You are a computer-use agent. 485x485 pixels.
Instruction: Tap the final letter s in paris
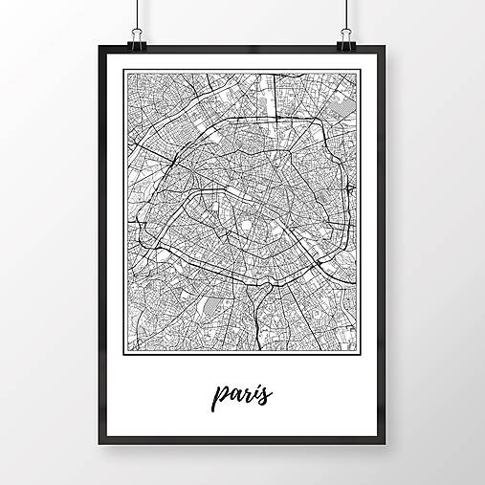tap(267, 393)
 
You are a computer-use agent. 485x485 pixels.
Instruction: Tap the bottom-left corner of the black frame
tap(99, 444)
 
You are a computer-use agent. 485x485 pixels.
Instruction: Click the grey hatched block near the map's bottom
tap(209, 307)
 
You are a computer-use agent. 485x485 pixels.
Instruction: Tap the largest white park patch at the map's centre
tap(247, 226)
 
